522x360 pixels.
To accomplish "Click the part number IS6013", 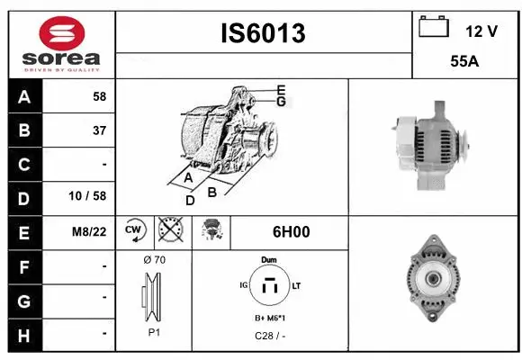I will (x=264, y=33).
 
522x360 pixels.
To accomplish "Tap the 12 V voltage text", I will (x=481, y=31).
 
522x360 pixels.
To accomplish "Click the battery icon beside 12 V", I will (x=434, y=27).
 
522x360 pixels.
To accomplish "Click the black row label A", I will (x=23, y=95).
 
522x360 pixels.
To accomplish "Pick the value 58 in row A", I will (x=99, y=95).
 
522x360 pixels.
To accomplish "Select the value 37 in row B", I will (x=99, y=130).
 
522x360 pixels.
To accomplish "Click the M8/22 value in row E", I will (x=90, y=231).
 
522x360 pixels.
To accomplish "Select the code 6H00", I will (x=291, y=231).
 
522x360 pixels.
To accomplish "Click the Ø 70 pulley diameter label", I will (x=154, y=260).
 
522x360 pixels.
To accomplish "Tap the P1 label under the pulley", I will (x=154, y=331).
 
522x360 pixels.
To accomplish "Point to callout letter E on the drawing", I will (x=281, y=89).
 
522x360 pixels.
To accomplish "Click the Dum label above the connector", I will (x=268, y=259).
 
